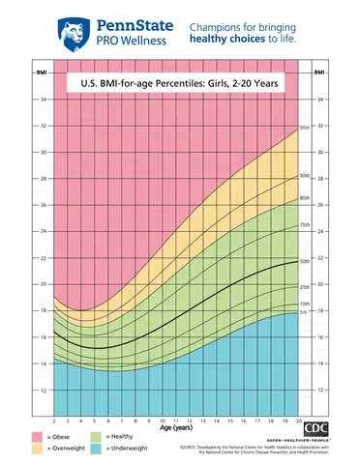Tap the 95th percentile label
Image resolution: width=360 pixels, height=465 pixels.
305,128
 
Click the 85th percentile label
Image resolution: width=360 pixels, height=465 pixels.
305,198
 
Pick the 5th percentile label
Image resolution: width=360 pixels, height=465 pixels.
304,312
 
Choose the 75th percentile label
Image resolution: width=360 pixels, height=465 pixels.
305,225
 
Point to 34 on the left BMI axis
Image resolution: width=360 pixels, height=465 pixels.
42,100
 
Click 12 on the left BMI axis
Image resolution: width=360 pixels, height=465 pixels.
42,390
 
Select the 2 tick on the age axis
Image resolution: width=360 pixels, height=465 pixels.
53,421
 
